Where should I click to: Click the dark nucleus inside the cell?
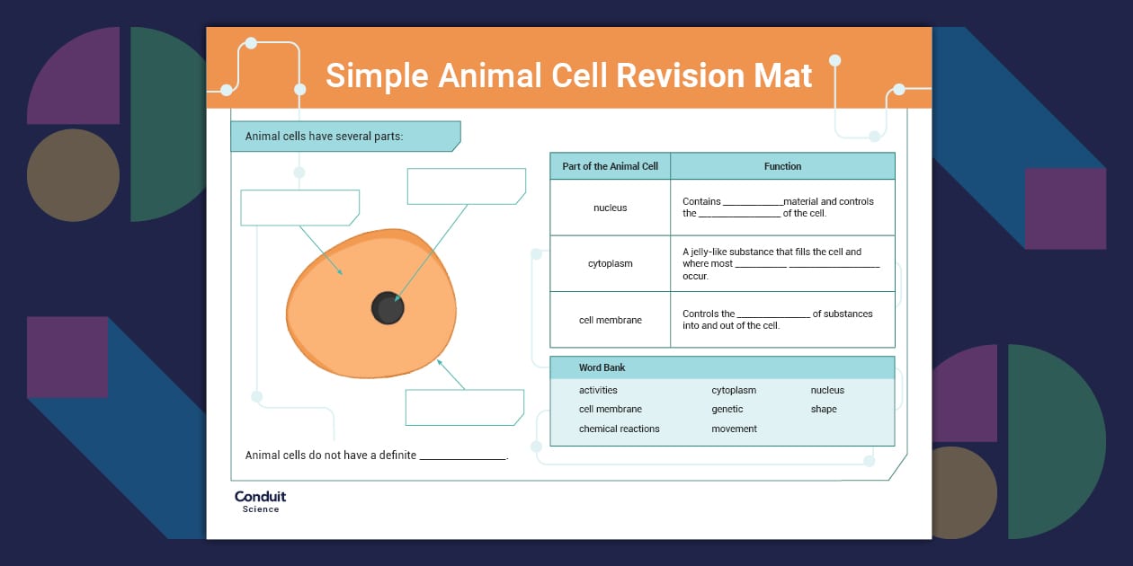388,309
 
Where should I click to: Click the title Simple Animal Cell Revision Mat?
568,75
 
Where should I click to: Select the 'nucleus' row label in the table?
610,208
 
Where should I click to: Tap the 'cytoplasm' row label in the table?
610,263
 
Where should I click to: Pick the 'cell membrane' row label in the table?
610,320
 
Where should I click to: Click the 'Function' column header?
782,166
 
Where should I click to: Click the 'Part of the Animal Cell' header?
610,166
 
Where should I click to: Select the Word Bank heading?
602,367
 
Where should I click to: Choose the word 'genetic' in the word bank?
727,410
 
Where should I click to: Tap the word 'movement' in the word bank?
734,429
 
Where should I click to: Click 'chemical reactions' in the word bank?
619,429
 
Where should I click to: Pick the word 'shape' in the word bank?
823,410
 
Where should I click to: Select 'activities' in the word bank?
598,391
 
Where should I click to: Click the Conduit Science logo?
260,501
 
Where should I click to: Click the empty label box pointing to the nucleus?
466,186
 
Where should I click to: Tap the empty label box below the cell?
464,407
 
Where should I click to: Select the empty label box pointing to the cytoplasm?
299,208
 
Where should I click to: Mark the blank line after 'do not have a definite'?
463,456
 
